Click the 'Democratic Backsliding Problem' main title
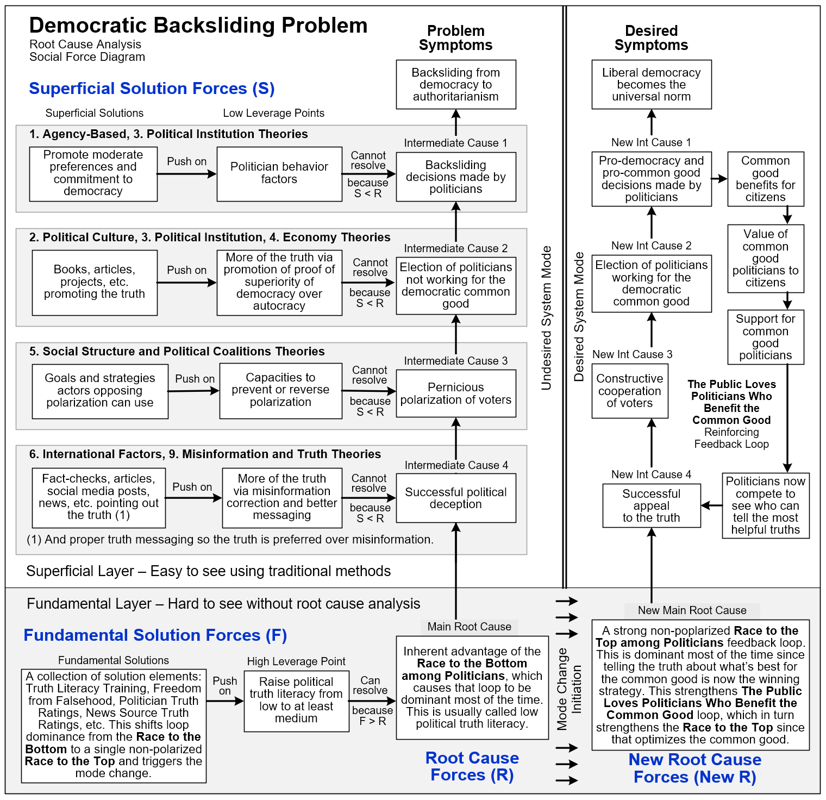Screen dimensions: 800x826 tap(198, 26)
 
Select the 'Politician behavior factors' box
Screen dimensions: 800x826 tap(279, 174)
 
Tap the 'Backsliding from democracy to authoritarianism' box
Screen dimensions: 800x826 tap(456, 85)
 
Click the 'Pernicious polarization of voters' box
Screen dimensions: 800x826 tap(456, 393)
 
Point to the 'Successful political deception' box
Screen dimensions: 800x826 tap(456, 498)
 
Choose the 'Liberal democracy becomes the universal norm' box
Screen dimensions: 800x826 tap(652, 85)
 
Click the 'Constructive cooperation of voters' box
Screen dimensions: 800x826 tap(630, 391)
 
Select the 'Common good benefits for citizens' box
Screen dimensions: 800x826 tap(766, 179)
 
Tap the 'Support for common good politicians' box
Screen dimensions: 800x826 tap(766, 337)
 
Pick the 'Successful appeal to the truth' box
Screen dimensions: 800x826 tap(652, 505)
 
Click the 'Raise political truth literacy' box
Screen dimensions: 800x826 tap(296, 700)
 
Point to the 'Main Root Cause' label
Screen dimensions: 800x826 tap(470, 627)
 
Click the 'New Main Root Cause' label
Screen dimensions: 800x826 tap(692, 610)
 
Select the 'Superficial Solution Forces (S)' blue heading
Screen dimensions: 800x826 tap(152, 89)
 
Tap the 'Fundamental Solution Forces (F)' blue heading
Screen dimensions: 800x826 tap(155, 635)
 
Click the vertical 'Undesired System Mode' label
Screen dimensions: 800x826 tap(546, 318)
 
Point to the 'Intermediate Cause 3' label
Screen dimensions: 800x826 tap(456, 361)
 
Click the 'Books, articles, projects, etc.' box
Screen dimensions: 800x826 tap(95, 283)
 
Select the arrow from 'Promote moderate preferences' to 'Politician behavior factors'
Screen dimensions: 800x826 tap(187, 174)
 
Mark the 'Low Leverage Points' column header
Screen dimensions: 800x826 tap(273, 113)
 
